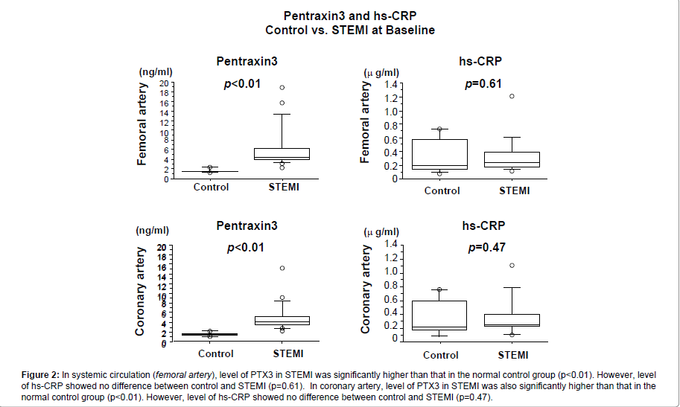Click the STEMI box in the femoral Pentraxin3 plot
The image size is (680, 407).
point(282,154)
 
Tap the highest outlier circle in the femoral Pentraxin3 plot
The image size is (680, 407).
point(282,88)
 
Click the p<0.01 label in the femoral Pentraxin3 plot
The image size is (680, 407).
point(242,84)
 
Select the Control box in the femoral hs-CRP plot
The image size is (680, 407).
point(440,154)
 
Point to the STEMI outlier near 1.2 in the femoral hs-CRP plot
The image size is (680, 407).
point(512,96)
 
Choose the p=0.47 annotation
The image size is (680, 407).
point(487,248)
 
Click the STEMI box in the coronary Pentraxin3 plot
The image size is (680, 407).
point(282,320)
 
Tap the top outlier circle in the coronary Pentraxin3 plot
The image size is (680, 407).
point(282,268)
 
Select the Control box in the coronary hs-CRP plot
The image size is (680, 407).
point(439,315)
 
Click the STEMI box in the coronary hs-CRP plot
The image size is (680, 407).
point(512,320)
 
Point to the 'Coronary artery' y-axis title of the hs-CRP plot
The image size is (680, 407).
point(366,290)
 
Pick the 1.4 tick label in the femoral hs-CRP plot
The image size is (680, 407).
point(392,84)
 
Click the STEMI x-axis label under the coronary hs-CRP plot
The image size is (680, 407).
point(512,354)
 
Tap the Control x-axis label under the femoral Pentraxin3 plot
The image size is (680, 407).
point(211,187)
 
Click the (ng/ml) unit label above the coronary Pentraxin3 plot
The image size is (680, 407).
point(153,230)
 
